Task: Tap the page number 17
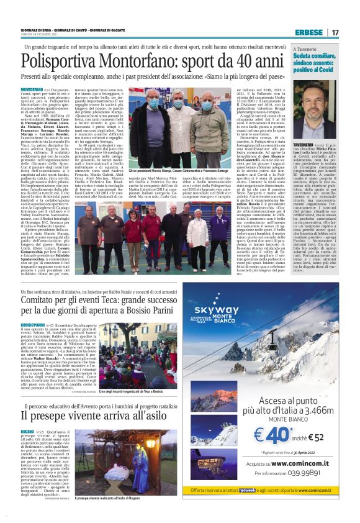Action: coord(335,32)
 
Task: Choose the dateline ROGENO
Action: coord(27,448)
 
